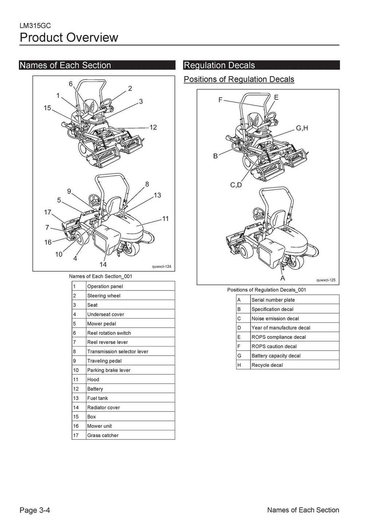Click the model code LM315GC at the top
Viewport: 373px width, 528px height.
[x=35, y=26]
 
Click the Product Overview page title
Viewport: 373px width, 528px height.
[x=69, y=38]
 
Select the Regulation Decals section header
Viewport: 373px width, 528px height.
[x=219, y=65]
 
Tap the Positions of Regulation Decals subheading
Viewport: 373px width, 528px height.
[x=239, y=79]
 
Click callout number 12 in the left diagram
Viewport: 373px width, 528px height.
[x=153, y=127]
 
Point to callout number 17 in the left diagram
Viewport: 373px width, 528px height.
[x=47, y=212]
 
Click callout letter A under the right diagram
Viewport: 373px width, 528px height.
[x=282, y=278]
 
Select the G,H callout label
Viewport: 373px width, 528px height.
[x=302, y=128]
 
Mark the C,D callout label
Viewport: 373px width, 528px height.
[x=236, y=185]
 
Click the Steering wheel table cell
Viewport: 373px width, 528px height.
[x=104, y=296]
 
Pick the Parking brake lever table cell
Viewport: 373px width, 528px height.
[x=109, y=370]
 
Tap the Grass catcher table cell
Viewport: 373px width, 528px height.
[x=103, y=435]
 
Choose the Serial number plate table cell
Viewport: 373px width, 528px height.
[x=273, y=300]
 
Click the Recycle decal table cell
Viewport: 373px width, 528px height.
[x=267, y=365]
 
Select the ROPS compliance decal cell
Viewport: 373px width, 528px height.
[x=279, y=337]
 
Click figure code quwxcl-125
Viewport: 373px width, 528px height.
[x=326, y=280]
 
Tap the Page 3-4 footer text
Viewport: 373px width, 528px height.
[x=35, y=510]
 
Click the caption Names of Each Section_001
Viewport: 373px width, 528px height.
[x=101, y=276]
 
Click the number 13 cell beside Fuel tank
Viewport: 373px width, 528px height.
[x=76, y=398]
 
